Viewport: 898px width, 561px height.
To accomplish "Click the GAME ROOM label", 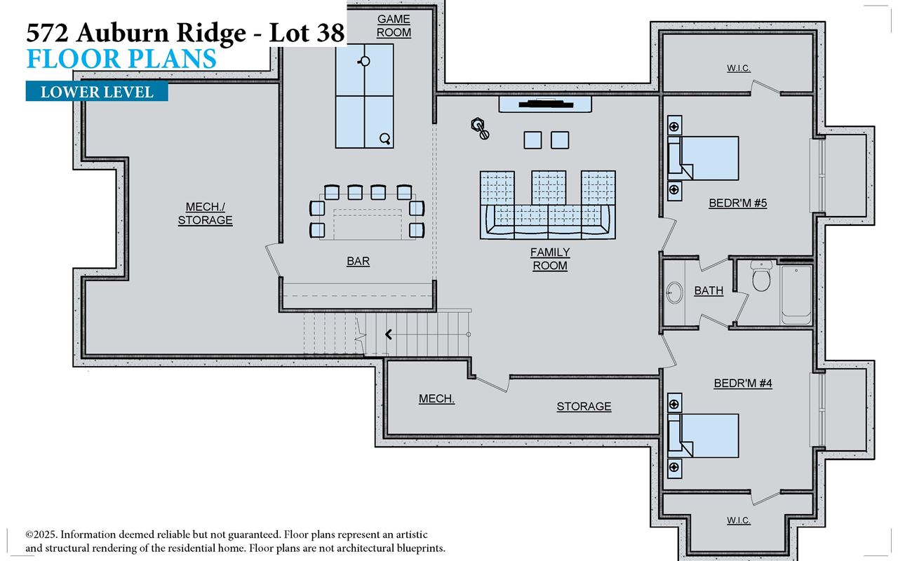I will click(x=394, y=26).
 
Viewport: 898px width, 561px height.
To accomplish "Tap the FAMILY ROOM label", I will click(x=549, y=259).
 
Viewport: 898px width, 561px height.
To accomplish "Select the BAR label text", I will click(x=358, y=261).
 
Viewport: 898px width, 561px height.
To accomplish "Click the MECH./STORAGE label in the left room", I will click(x=205, y=214).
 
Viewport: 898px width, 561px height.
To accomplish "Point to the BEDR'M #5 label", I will click(x=737, y=203).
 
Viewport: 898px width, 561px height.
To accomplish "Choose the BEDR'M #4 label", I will click(x=742, y=384).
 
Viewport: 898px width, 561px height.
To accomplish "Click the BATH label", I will click(x=709, y=290).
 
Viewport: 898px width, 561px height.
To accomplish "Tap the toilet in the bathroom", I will click(x=761, y=278).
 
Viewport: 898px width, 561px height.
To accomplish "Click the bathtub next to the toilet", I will click(x=796, y=294).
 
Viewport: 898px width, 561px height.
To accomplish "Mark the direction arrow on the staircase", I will click(x=388, y=334).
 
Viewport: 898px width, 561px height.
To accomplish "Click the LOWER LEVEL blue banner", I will click(x=97, y=92).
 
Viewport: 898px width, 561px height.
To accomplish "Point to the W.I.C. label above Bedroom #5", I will click(x=738, y=68).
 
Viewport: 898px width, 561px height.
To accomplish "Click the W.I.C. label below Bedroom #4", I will click(x=738, y=520).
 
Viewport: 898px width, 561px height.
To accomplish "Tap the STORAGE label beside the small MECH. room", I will click(x=584, y=407).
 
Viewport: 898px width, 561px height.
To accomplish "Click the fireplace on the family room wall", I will click(x=546, y=104).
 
